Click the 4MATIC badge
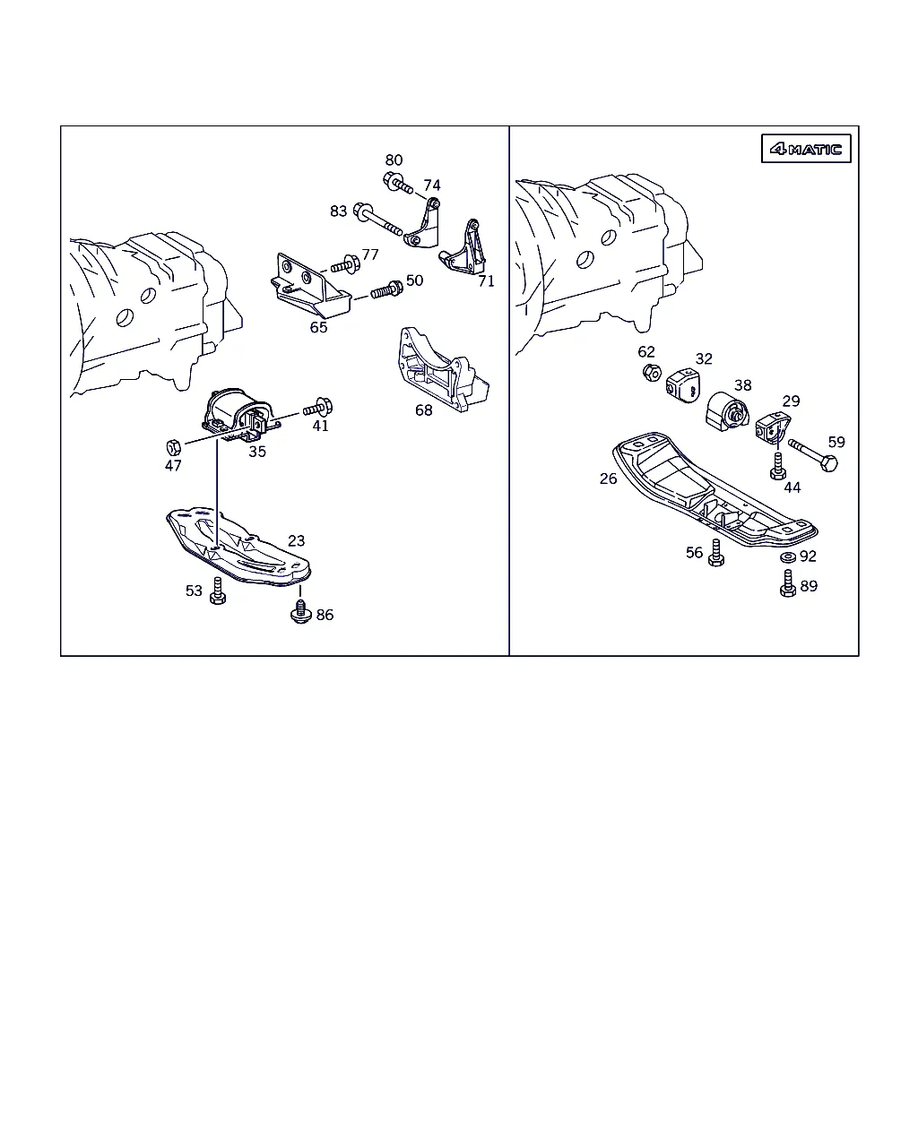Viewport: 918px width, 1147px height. pos(805,148)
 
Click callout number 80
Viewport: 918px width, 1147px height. pos(394,160)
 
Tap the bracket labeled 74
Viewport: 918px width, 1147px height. pos(423,223)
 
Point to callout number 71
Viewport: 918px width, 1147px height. pos(486,280)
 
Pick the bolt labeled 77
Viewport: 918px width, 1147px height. pos(345,264)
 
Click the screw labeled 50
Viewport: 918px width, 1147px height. pos(386,290)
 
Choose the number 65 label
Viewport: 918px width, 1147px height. pos(318,327)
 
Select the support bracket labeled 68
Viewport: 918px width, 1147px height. pos(442,369)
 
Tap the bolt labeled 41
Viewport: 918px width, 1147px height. pos(317,408)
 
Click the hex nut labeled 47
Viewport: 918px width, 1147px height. pos(173,447)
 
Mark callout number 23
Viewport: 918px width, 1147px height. pos(296,541)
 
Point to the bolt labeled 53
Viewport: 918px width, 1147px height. pos(217,591)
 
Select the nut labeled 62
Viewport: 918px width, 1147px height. pos(652,372)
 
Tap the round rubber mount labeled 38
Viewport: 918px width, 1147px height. pos(728,411)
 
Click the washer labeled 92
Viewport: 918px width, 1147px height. pos(787,557)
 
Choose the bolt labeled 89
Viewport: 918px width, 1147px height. pos(788,583)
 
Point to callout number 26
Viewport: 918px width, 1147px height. pos(608,479)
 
